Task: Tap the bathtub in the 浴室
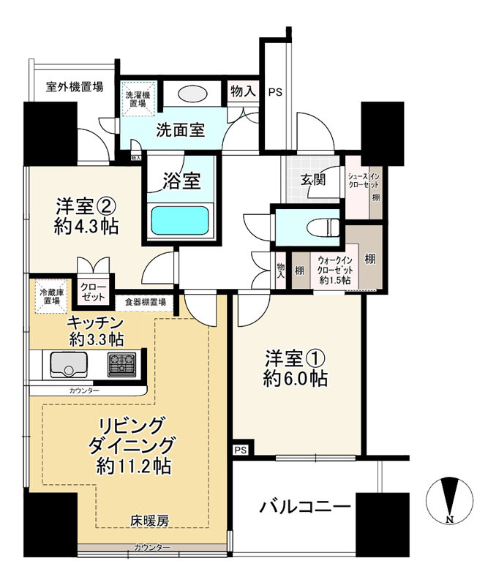(x=180, y=221)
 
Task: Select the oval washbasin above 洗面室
(x=192, y=94)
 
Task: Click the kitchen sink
(x=68, y=364)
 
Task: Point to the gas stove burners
(x=121, y=364)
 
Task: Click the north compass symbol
(x=450, y=501)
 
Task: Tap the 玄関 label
(x=314, y=180)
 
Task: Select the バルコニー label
(x=305, y=507)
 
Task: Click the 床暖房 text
(x=149, y=520)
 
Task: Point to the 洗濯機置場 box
(x=138, y=99)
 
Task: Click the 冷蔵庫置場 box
(x=51, y=296)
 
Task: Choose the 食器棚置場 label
(x=145, y=302)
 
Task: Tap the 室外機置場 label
(x=75, y=87)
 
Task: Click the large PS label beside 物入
(x=275, y=92)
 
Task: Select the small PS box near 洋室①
(x=241, y=450)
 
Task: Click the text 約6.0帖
(x=296, y=379)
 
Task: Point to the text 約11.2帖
(x=134, y=466)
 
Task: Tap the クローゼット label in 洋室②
(x=94, y=292)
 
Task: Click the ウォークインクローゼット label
(x=334, y=270)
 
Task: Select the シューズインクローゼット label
(x=364, y=181)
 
